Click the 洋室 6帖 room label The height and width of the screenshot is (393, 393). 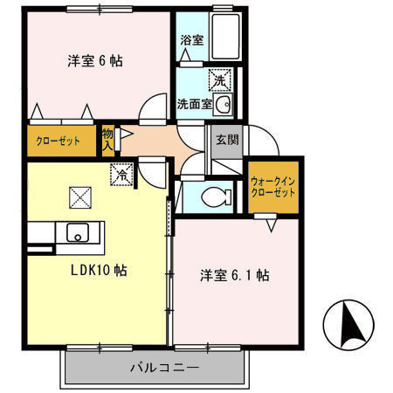[x=94, y=62]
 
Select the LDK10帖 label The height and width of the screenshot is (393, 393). [x=99, y=271]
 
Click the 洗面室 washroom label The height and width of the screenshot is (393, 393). [x=193, y=104]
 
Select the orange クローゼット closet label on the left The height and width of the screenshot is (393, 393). [x=58, y=141]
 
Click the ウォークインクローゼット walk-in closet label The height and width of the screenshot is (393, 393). [x=272, y=186]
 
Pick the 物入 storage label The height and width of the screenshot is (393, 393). [x=107, y=140]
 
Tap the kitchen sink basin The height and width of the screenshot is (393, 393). [x=76, y=233]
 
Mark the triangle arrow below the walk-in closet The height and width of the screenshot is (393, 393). [x=273, y=225]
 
